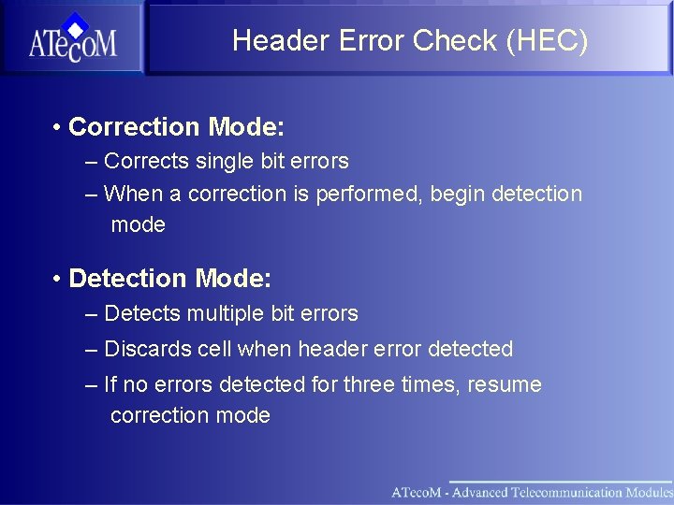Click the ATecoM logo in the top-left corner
(72, 38)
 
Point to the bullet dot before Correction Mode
(57, 126)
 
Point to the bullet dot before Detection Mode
(57, 279)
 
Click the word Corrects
(146, 162)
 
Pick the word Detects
(142, 314)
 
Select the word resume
(506, 385)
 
